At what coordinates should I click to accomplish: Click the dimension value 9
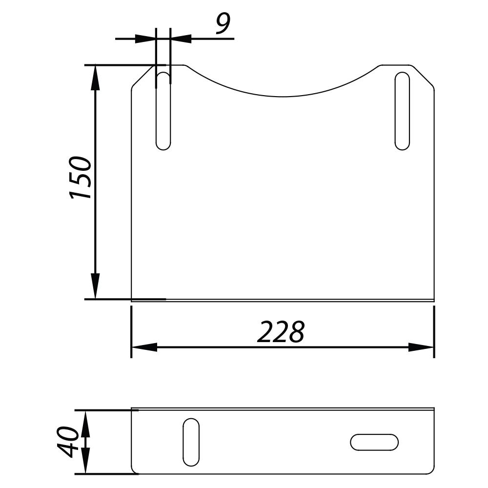tap(223, 24)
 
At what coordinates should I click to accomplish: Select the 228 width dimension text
tap(281, 332)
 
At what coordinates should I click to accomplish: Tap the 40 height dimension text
tap(68, 442)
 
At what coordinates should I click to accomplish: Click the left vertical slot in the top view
tap(163, 111)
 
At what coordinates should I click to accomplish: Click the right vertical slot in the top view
tap(402, 111)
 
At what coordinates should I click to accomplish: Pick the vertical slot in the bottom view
tap(191, 442)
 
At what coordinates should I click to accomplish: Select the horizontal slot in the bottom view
tap(374, 442)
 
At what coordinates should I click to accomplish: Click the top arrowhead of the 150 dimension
tap(95, 77)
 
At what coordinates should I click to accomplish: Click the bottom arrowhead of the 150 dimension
tap(95, 286)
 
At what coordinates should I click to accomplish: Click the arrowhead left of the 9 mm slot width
tap(145, 38)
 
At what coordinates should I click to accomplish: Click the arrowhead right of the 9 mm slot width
tap(181, 38)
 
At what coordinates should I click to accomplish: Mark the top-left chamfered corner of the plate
tap(143, 77)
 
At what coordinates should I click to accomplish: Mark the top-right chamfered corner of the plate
tap(423, 77)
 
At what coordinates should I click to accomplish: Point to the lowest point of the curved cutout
tap(282, 97)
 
